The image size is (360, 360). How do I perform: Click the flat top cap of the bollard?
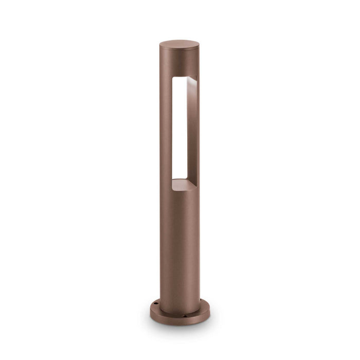tap(179, 44)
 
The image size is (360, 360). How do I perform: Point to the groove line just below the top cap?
tap(179, 52)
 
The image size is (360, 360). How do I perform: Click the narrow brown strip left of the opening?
tap(166, 129)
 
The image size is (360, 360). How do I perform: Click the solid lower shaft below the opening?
tap(179, 242)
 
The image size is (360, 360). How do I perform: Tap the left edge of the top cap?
tap(160, 45)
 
